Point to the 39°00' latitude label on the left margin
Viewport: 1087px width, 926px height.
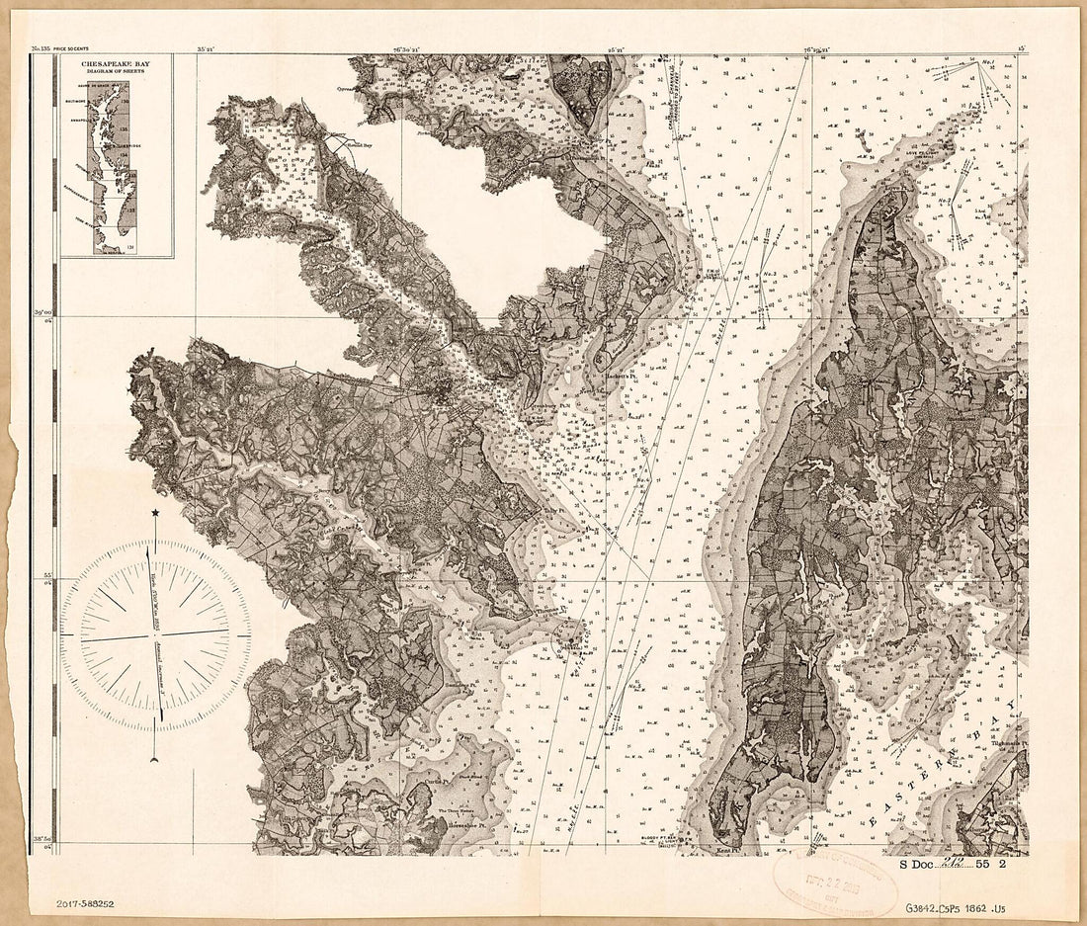(42, 313)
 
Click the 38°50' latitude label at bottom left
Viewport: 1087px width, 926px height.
(42, 838)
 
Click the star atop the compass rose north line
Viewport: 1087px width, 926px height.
(156, 512)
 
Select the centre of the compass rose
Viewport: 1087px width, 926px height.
(155, 633)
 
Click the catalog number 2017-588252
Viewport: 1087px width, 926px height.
(84, 901)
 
